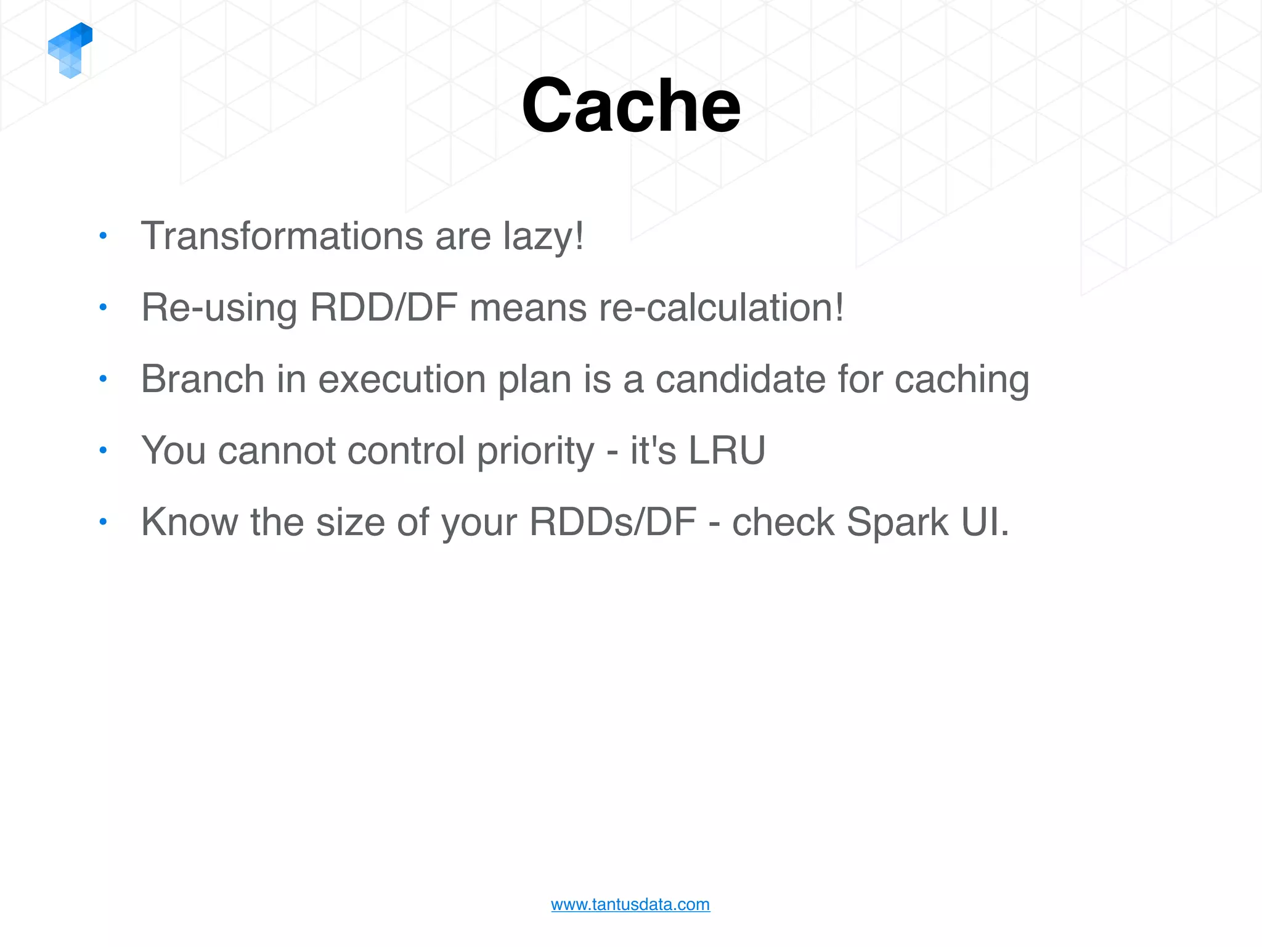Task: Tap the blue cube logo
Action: point(70,51)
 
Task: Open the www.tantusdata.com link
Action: point(630,904)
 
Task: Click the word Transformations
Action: point(282,236)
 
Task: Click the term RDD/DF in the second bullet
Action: point(383,307)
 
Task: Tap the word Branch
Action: point(202,379)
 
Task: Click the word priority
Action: point(535,451)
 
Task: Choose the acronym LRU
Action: point(727,450)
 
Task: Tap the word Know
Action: point(189,522)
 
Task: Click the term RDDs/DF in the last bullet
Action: point(613,522)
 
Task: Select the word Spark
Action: point(897,523)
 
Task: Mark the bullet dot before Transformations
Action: point(103,236)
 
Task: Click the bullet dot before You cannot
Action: point(103,450)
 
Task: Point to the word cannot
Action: point(276,451)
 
